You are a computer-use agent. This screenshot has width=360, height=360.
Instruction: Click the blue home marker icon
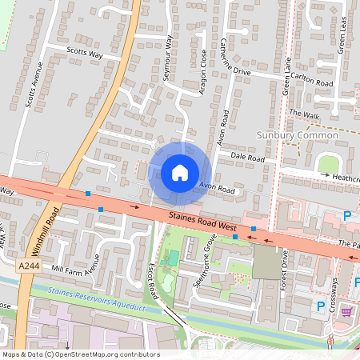tap(180, 173)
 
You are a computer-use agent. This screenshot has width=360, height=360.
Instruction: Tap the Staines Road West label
tap(203, 223)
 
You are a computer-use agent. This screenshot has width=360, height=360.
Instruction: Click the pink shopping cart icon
tap(346, 311)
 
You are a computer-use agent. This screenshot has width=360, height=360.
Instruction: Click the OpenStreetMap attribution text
tap(80, 354)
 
